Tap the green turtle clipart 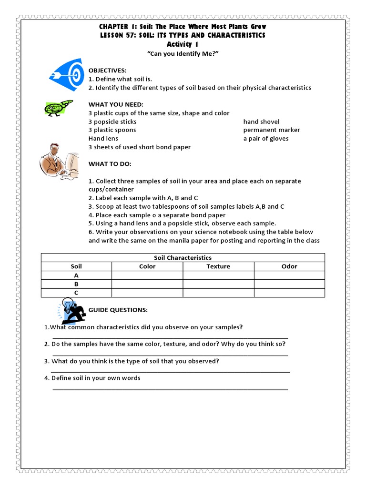(x=58, y=108)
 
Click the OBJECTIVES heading (x=107, y=70)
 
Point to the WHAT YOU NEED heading (x=116, y=104)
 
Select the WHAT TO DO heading (x=110, y=164)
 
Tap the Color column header (x=147, y=266)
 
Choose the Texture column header (x=218, y=266)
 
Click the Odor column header (x=289, y=266)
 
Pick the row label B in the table (x=76, y=284)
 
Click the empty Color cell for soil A (x=147, y=275)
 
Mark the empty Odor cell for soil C (x=289, y=293)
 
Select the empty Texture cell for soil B (x=218, y=284)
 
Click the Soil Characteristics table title (x=183, y=258)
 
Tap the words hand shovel (x=261, y=122)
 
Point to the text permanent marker (x=272, y=130)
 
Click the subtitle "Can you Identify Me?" (x=183, y=54)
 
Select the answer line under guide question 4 (x=170, y=389)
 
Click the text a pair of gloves (x=265, y=139)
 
